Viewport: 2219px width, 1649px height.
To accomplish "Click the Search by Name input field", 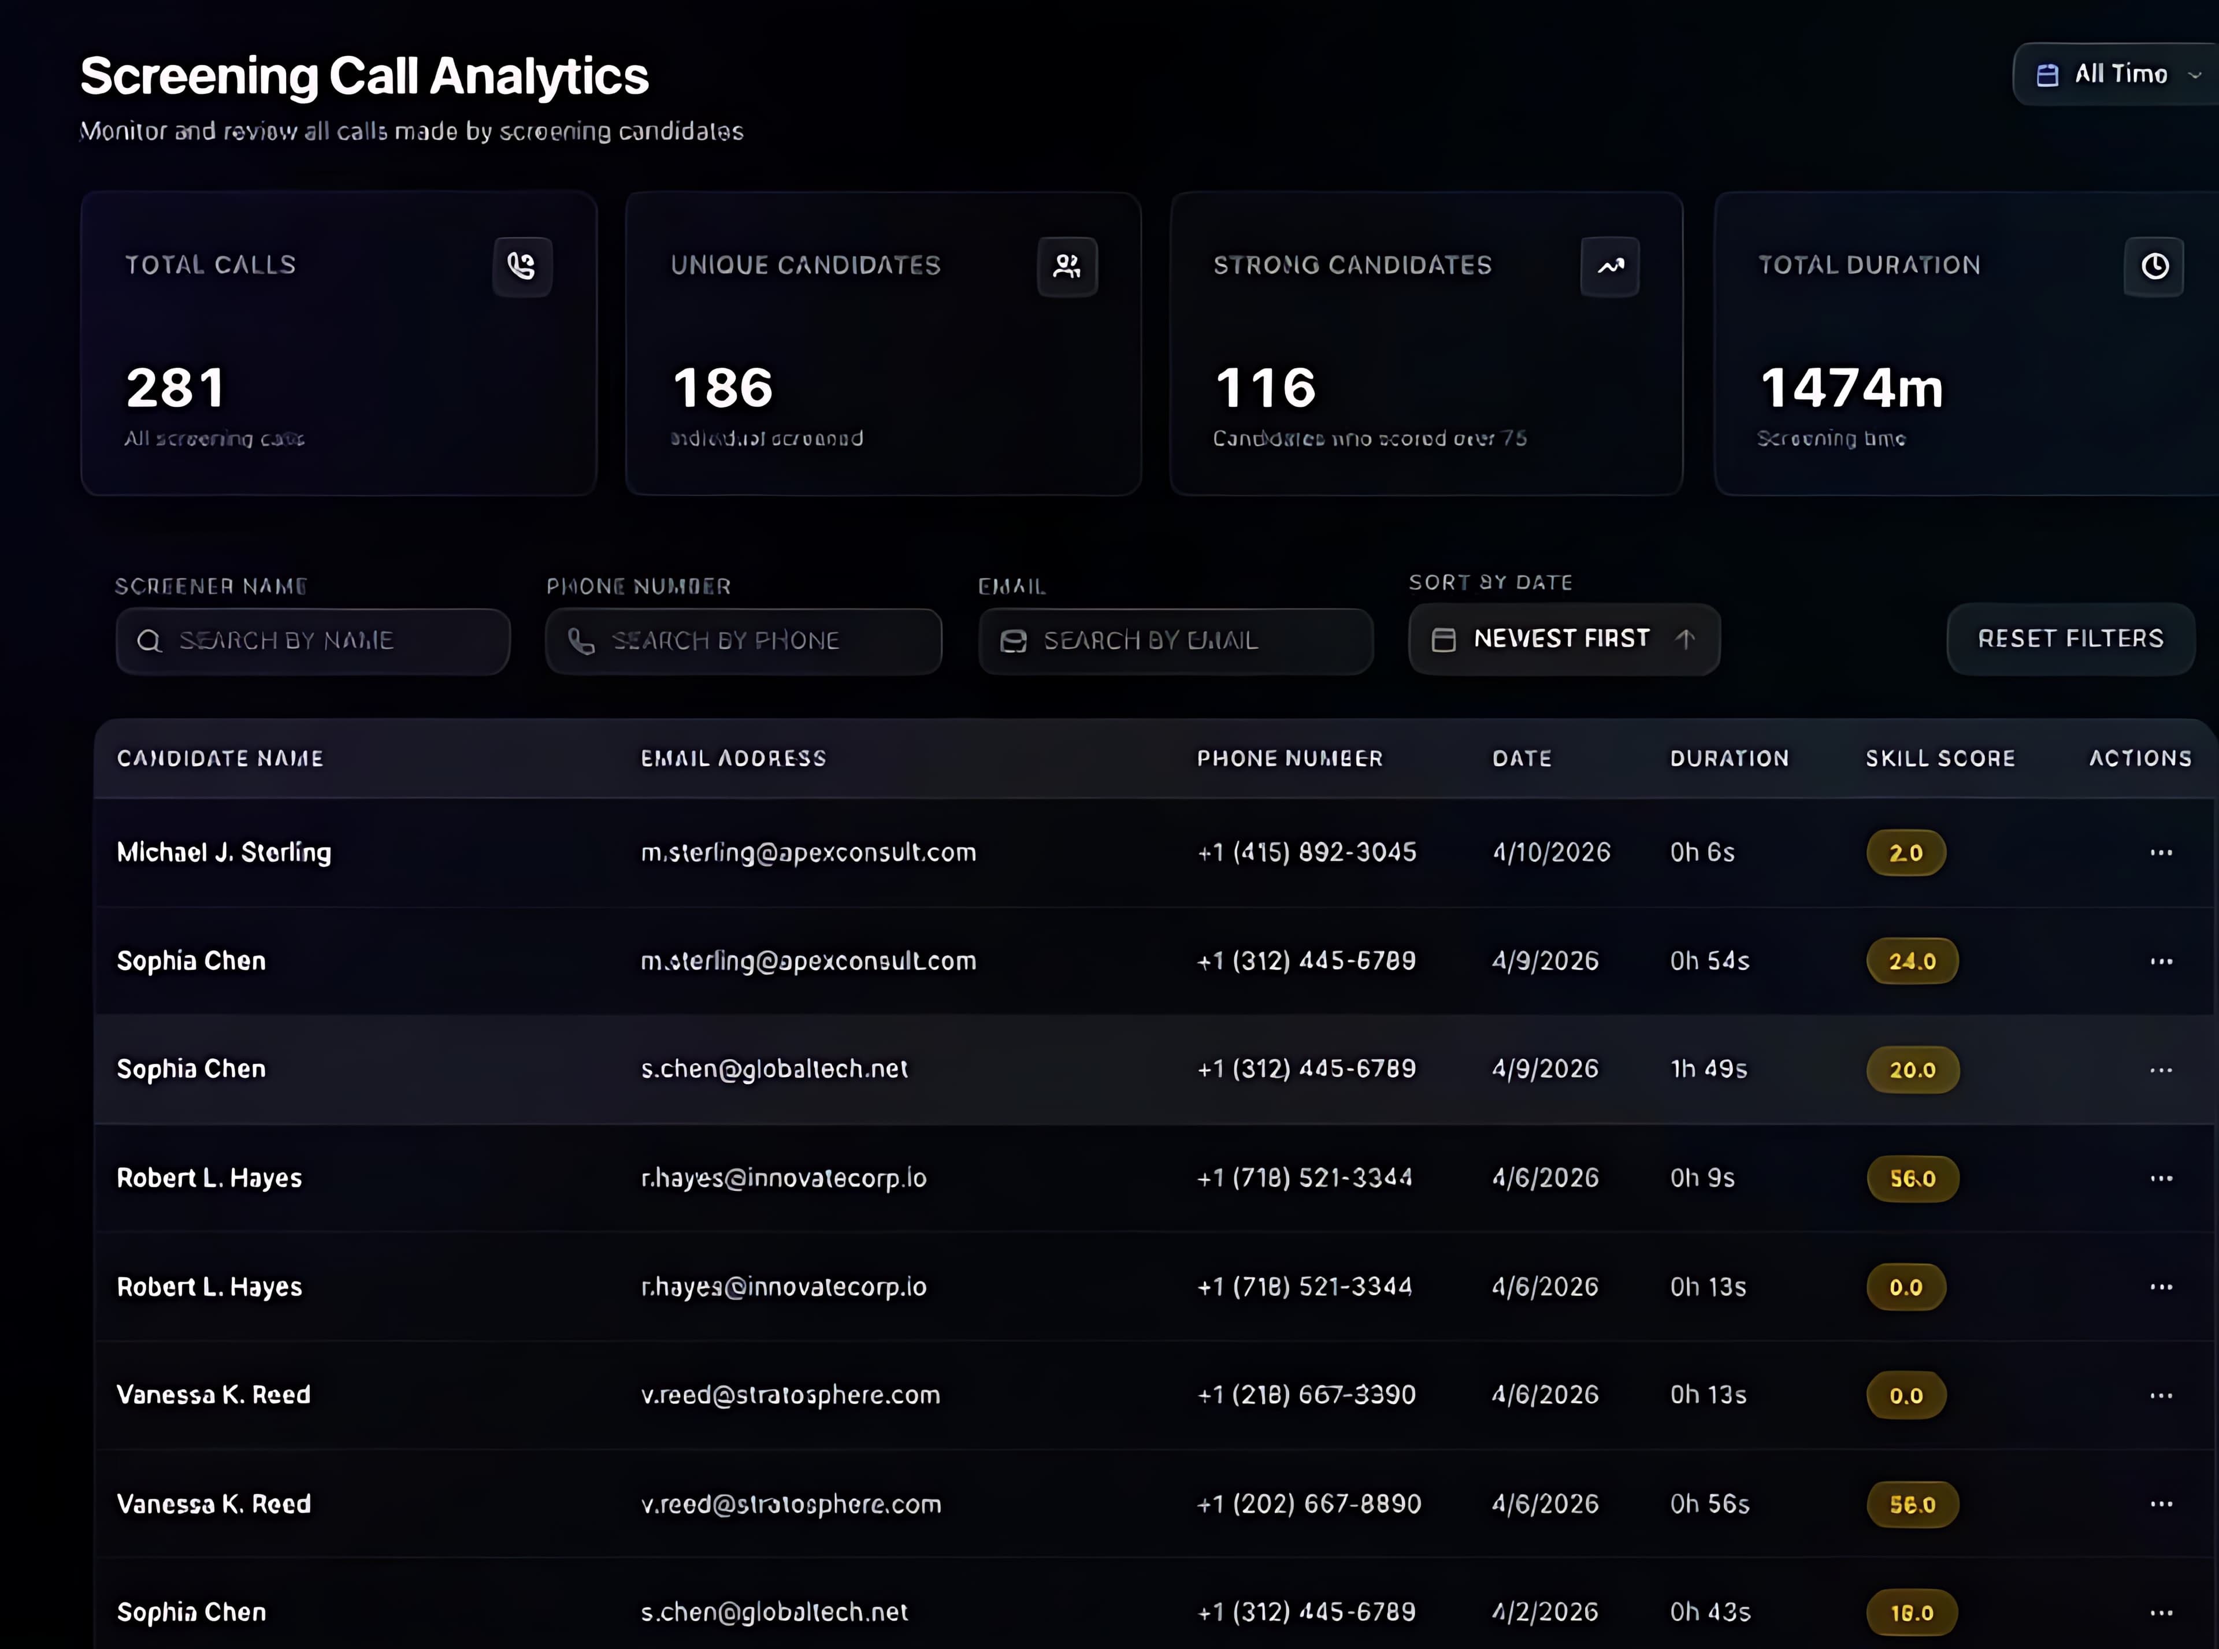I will click(313, 641).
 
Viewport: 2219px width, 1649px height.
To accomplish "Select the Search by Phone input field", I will click(744, 641).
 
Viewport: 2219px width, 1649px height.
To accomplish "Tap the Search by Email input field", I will click(1176, 641).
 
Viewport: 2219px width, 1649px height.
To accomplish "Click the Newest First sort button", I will click(1563, 639).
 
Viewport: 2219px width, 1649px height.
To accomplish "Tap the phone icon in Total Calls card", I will click(522, 266).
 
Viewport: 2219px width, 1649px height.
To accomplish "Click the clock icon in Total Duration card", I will click(2154, 266).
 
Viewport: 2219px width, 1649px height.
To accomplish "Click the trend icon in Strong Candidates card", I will click(1609, 266).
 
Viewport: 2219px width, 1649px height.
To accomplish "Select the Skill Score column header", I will click(1939, 759).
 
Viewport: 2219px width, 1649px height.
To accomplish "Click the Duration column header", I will click(1729, 759).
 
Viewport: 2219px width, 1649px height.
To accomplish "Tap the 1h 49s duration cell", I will click(1708, 1069).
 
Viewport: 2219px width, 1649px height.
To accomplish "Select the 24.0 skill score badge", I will click(1912, 961).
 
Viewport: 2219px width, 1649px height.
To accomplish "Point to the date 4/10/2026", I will click(1550, 852).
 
